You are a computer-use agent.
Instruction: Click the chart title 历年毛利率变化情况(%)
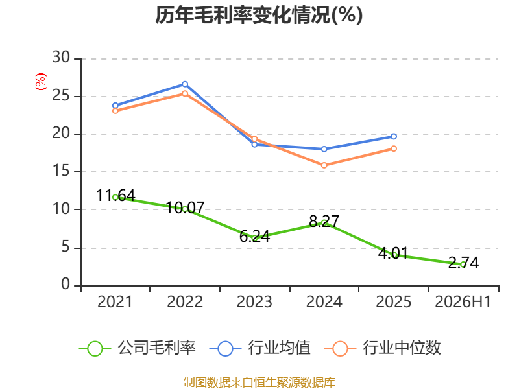pyautogui.click(x=259, y=15)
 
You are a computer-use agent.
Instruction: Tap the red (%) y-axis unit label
pyautogui.click(x=41, y=82)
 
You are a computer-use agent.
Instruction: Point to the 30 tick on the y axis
pyautogui.click(x=61, y=57)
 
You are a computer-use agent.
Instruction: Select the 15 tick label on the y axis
pyautogui.click(x=61, y=171)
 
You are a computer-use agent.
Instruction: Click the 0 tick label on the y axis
pyautogui.click(x=66, y=284)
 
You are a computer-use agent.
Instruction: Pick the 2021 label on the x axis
pyautogui.click(x=115, y=301)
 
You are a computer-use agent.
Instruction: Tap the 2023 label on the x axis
pyautogui.click(x=254, y=301)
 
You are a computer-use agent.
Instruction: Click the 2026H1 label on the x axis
pyautogui.click(x=463, y=301)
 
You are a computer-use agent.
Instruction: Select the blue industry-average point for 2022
pyautogui.click(x=185, y=84)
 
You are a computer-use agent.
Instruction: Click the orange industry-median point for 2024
pyautogui.click(x=324, y=165)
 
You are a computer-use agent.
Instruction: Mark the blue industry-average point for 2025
pyautogui.click(x=394, y=136)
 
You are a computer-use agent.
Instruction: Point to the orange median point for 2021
pyautogui.click(x=115, y=111)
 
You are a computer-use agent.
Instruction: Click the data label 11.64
pyautogui.click(x=115, y=195)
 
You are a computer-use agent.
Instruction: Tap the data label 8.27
pyautogui.click(x=324, y=221)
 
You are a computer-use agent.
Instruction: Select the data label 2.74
pyautogui.click(x=463, y=263)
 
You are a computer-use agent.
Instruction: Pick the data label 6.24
pyautogui.click(x=254, y=236)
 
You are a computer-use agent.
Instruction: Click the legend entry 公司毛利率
pyautogui.click(x=138, y=348)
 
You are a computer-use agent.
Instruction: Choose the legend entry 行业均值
pyautogui.click(x=260, y=348)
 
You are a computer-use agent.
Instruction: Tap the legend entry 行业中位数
pyautogui.click(x=382, y=348)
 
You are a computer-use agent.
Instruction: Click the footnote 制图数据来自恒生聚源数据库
pyautogui.click(x=259, y=383)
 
